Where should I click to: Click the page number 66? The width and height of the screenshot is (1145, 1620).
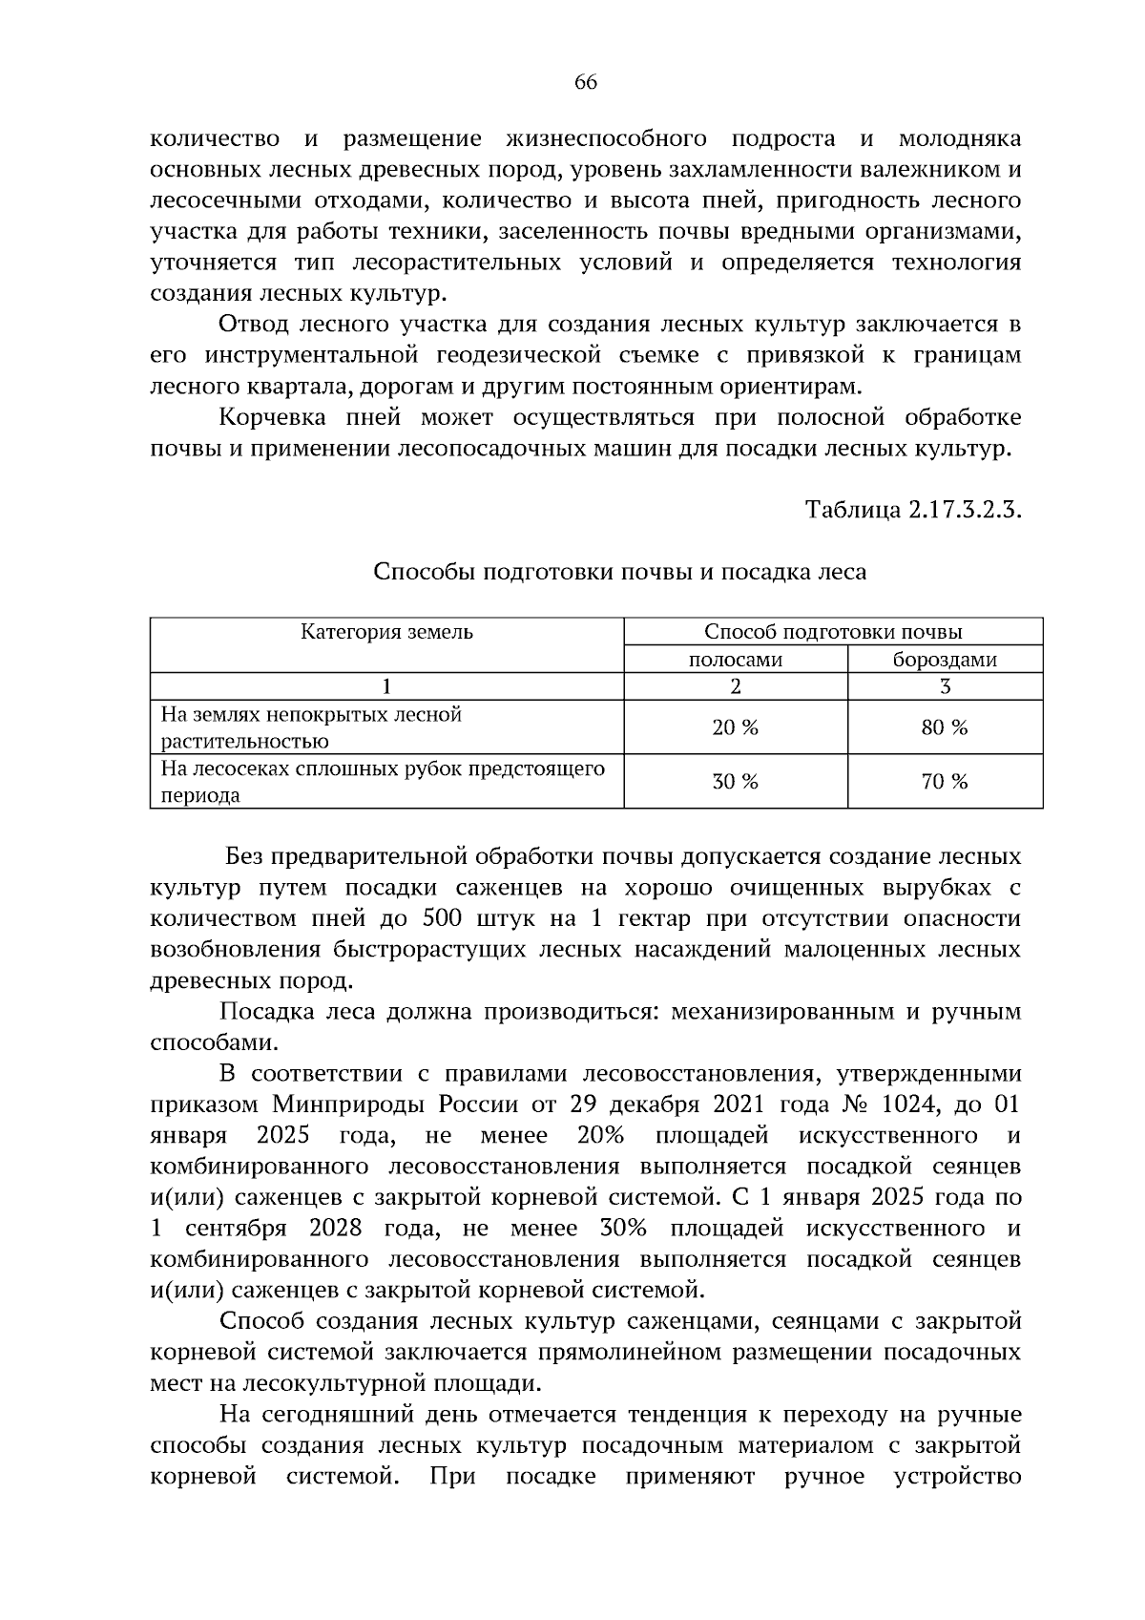[x=585, y=83]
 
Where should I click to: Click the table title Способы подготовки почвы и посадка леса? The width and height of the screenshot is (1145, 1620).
[x=619, y=572]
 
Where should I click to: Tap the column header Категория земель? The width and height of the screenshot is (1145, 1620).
[x=386, y=632]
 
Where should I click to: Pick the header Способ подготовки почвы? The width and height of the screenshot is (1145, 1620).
[x=832, y=632]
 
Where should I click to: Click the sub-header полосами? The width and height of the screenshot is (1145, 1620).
[x=735, y=660]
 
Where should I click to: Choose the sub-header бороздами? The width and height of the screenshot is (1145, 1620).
[x=944, y=660]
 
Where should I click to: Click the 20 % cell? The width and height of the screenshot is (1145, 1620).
[x=735, y=727]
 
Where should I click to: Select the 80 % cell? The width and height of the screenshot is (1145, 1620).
[x=944, y=727]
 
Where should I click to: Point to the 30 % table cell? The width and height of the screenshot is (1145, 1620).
[x=735, y=782]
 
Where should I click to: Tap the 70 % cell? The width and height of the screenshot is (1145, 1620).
[x=944, y=782]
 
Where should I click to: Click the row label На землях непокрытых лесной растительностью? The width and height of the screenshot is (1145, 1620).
[x=310, y=727]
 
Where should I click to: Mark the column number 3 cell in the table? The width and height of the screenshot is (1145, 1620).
[x=945, y=685]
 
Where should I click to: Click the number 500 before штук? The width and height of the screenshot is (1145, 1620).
[x=442, y=918]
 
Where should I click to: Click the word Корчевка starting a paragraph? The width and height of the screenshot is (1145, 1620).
[x=270, y=417]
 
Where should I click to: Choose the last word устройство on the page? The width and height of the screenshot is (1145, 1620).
[x=957, y=1477]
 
